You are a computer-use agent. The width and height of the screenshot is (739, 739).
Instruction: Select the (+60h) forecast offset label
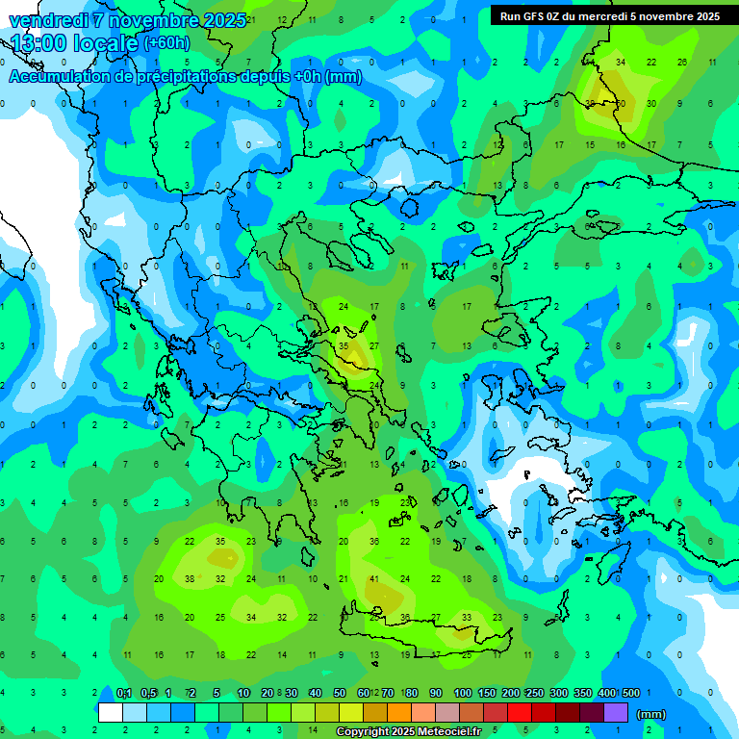coord(166,43)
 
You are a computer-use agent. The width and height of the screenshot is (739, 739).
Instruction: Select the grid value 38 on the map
coord(190,579)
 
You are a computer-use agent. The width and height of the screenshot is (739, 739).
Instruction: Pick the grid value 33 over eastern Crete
coord(467,618)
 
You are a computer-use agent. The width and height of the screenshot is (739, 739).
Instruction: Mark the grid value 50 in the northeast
coord(621,103)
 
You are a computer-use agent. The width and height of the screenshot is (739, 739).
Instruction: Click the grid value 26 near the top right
coord(682,62)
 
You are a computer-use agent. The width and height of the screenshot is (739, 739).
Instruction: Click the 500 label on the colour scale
coord(631,693)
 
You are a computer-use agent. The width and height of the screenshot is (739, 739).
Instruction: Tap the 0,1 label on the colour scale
coord(124,693)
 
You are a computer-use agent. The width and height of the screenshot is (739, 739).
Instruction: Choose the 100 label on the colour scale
coord(463,693)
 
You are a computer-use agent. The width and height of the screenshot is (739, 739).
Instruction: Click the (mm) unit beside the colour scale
coord(651,714)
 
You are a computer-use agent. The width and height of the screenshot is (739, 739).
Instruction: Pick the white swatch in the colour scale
coord(111,713)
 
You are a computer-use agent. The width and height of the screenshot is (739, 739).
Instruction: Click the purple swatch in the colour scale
coord(616,713)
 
